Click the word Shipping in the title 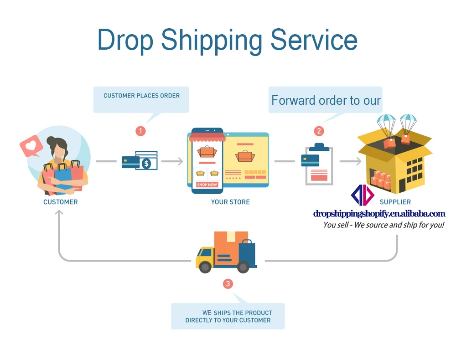[211, 40]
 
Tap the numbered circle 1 [141, 131]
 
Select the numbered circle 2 [319, 131]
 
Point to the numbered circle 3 [228, 284]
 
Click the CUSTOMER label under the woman [60, 202]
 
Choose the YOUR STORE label [230, 202]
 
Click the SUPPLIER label [395, 202]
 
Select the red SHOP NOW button [207, 185]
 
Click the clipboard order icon [318, 165]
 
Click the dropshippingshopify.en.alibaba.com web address [379, 214]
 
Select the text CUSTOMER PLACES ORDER [141, 96]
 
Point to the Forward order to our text [326, 100]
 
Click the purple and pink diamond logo [363, 195]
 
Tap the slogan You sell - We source [383, 225]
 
